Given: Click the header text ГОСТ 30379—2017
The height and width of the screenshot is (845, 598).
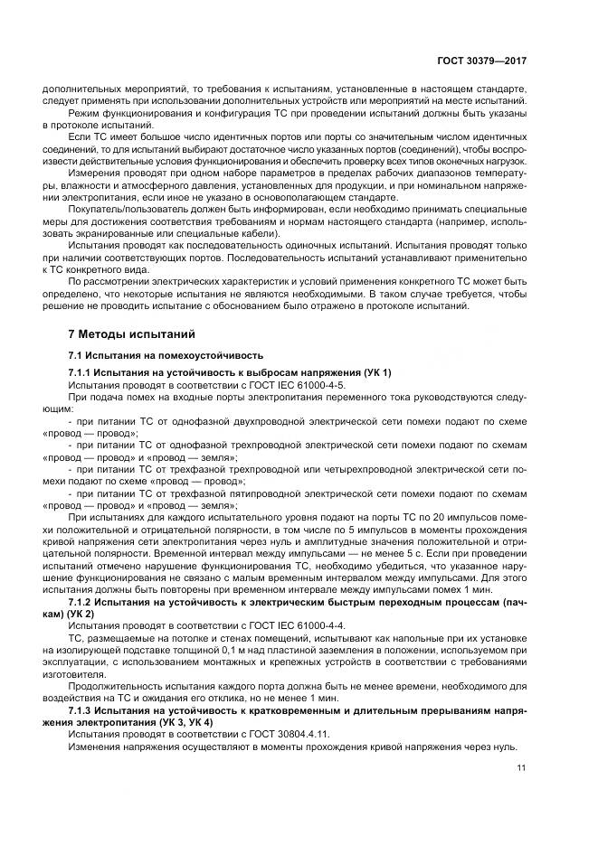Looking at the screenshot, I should tap(481, 61).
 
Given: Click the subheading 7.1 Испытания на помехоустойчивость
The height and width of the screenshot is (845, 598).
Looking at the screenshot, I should tap(166, 354).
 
